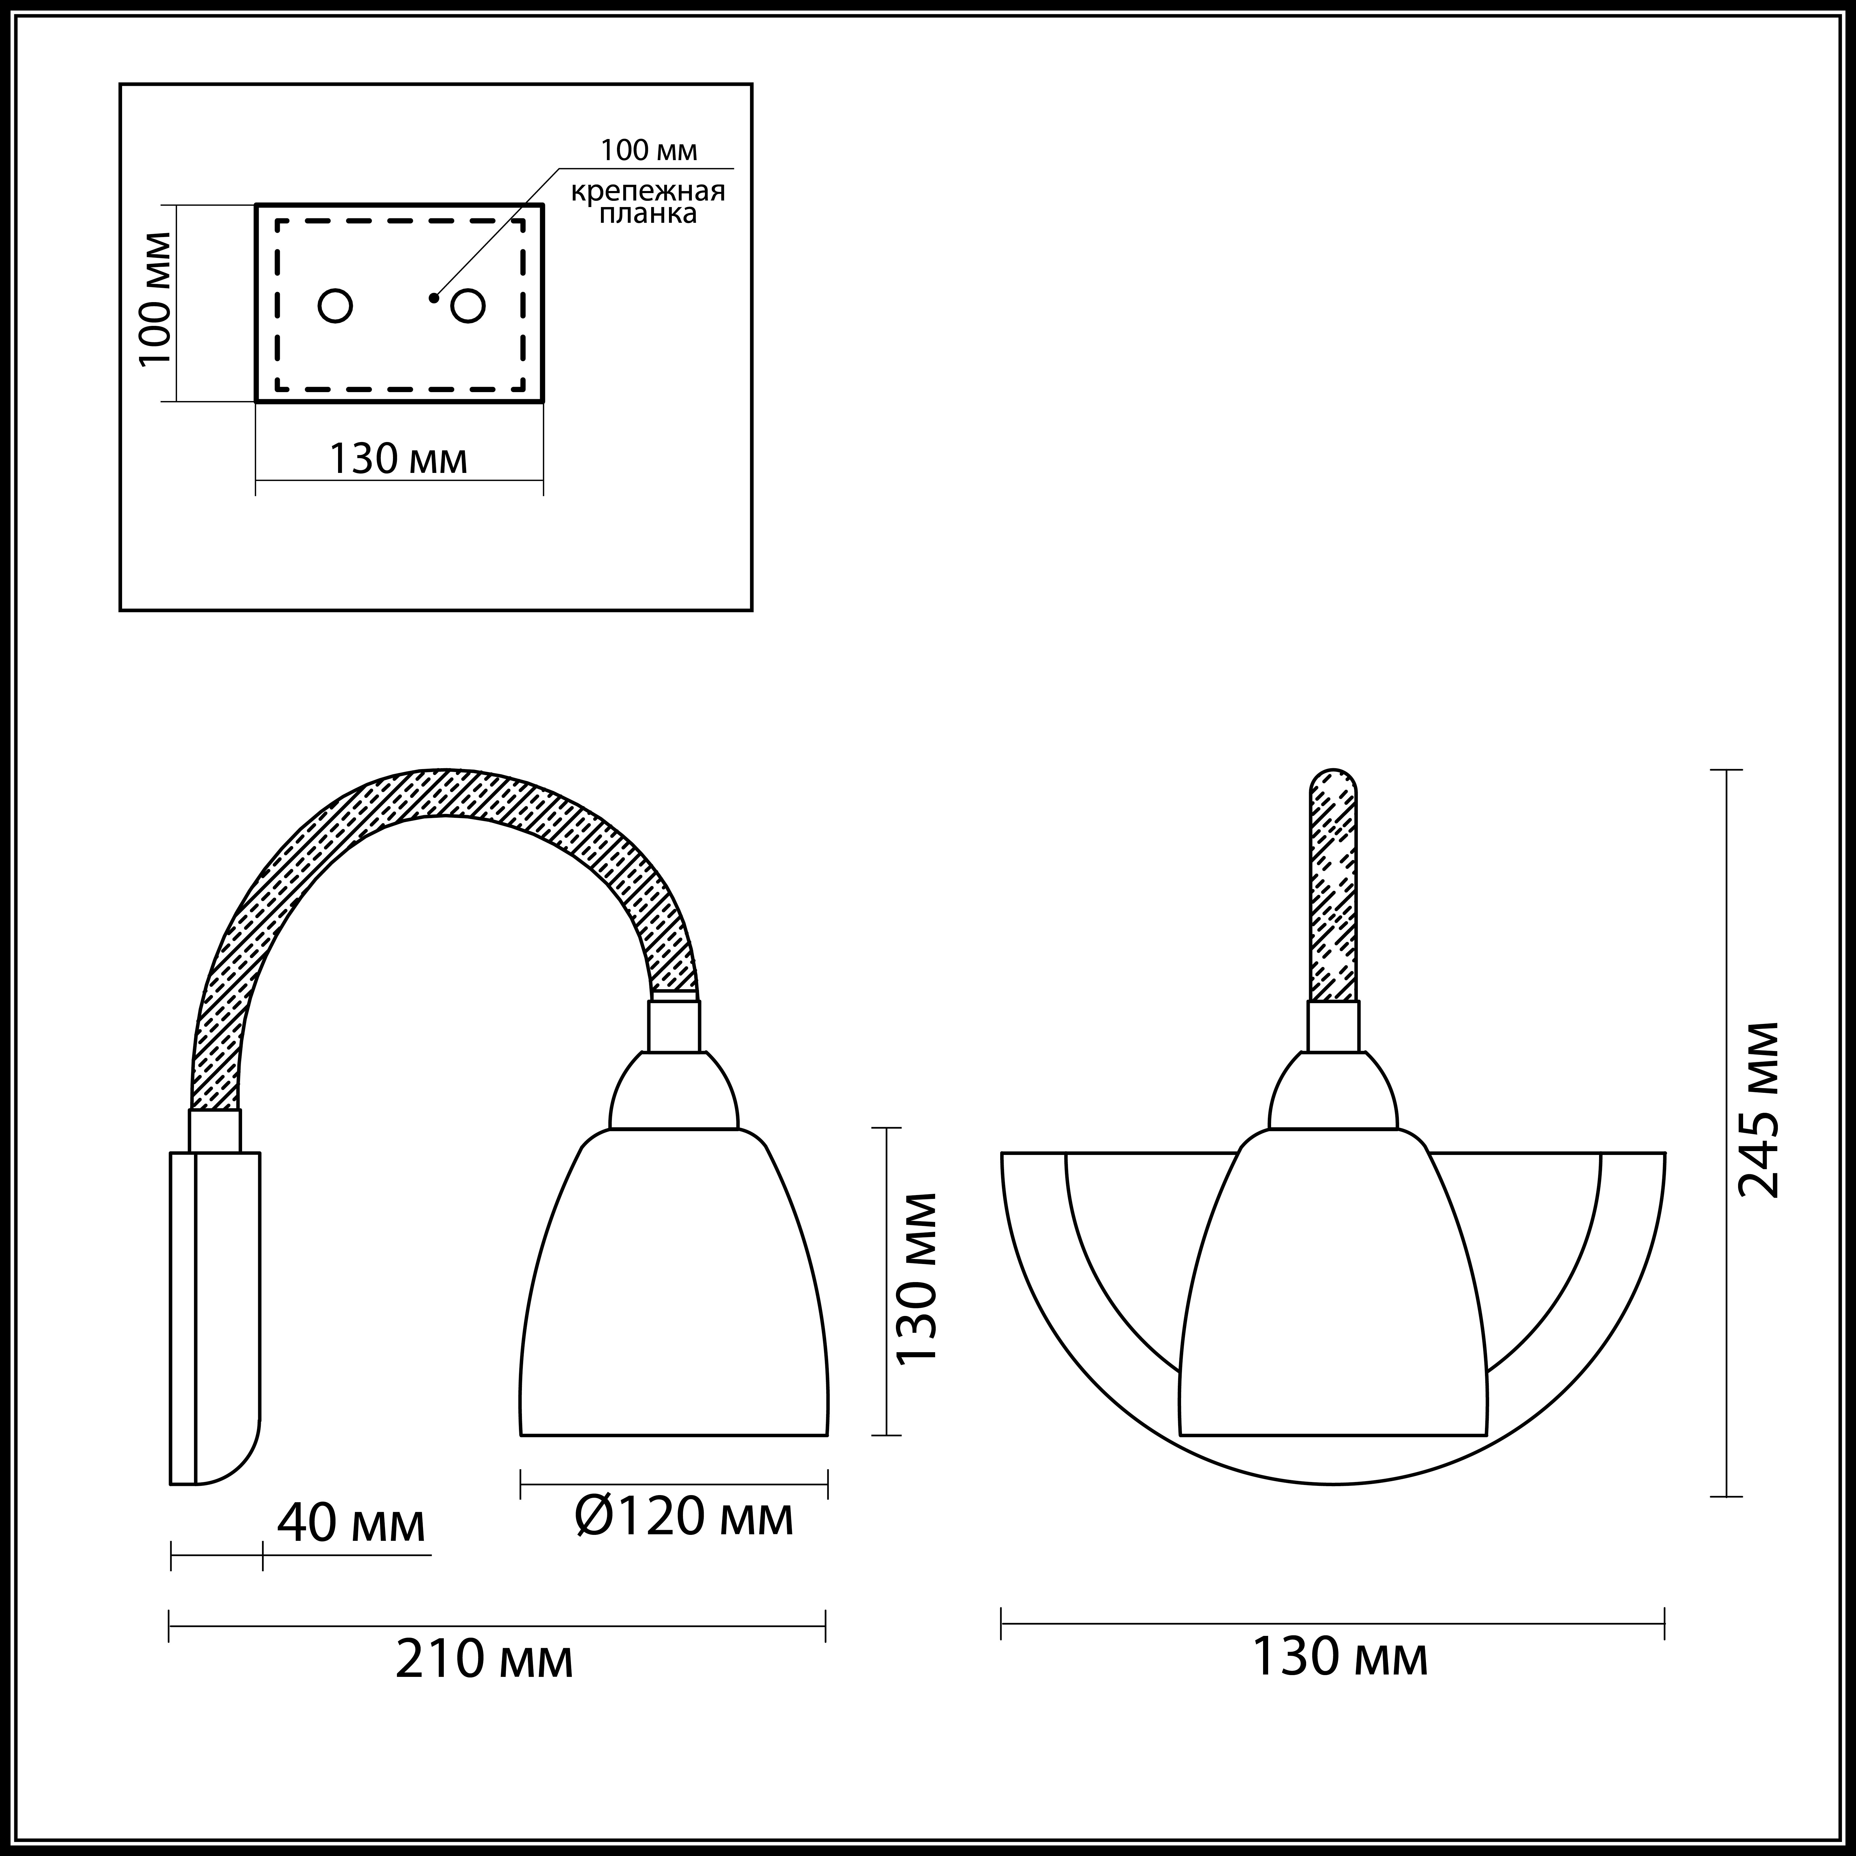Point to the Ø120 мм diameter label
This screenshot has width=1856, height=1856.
pos(684,1517)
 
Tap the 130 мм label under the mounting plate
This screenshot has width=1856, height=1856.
pos(399,458)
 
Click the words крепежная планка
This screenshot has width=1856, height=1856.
pos(648,202)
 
